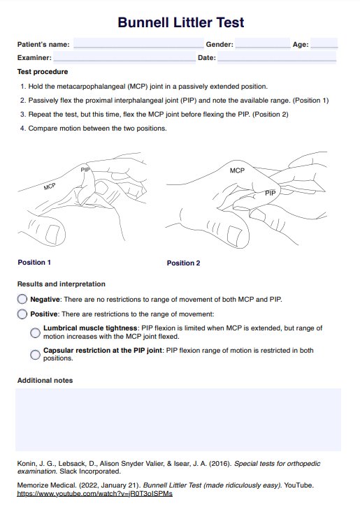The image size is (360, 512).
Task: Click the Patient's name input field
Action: (x=138, y=43)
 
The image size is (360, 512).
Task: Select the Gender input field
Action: (x=263, y=43)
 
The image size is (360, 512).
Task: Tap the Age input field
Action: (x=324, y=43)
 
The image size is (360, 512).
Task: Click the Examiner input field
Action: (x=124, y=57)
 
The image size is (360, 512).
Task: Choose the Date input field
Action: (x=277, y=57)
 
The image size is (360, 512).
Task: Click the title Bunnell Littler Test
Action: (x=180, y=22)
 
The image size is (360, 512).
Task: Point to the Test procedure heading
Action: (x=43, y=72)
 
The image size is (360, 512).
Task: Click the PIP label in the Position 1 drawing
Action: (x=85, y=170)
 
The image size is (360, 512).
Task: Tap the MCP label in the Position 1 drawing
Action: (x=50, y=186)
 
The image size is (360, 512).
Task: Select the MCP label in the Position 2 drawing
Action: (x=237, y=170)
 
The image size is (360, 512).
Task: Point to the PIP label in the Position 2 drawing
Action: (x=270, y=193)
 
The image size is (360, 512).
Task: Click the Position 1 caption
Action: (x=34, y=262)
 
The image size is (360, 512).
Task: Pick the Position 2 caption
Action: (x=183, y=263)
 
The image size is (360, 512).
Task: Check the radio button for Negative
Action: (x=22, y=299)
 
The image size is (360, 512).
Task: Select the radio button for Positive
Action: (x=22, y=314)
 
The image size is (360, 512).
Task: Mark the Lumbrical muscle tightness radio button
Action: (x=35, y=332)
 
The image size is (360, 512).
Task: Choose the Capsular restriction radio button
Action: (x=35, y=355)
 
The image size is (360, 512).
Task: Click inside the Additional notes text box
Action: (x=178, y=420)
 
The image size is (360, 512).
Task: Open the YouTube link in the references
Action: (x=95, y=494)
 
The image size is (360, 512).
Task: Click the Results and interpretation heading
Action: (x=61, y=284)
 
